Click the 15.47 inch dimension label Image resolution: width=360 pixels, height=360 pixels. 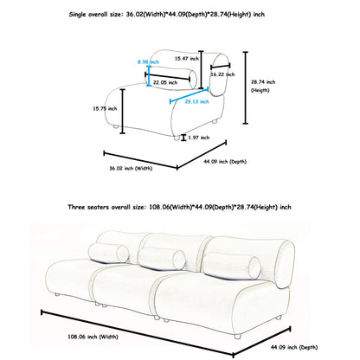click(187, 59)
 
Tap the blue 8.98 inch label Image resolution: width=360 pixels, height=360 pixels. click(148, 62)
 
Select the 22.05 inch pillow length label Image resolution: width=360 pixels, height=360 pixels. click(165, 82)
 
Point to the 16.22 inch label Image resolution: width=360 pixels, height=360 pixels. click(222, 74)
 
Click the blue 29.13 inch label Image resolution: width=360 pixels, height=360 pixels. click(196, 101)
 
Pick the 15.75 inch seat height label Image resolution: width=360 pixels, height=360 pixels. click(105, 109)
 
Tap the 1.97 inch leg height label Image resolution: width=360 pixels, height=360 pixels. click(199, 138)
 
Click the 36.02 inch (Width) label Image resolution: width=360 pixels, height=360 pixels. click(131, 168)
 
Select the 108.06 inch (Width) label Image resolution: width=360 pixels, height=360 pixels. click(93, 337)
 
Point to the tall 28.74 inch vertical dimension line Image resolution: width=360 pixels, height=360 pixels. click(246, 87)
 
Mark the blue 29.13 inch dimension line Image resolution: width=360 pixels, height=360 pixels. click(190, 95)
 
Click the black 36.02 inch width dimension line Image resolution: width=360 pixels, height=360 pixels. click(141, 160)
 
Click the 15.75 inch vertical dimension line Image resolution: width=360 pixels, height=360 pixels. click(123, 112)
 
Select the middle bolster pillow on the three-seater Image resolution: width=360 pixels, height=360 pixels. click(162, 258)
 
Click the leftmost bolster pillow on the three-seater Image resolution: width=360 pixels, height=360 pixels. click(109, 253)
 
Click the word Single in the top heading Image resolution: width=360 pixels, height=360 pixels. click(77, 15)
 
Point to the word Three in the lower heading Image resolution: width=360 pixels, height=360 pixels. click(76, 207)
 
